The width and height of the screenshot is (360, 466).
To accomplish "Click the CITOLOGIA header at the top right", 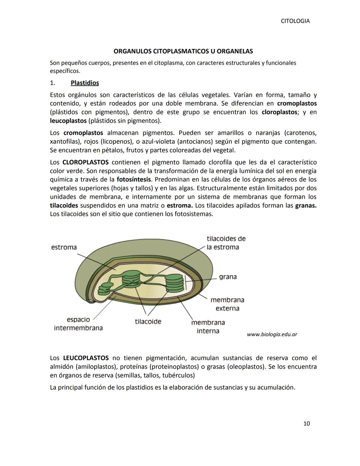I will [295, 21].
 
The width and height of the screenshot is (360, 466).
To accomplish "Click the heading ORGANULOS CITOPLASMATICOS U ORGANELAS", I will [183, 51].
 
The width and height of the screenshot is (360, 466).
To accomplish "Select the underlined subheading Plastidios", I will [85, 83].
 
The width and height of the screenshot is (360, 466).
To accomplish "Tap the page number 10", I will [306, 424].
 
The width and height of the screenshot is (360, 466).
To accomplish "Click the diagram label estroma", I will [64, 247].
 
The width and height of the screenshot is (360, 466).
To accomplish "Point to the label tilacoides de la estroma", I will [226, 243].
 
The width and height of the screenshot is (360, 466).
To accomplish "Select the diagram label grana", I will [228, 277].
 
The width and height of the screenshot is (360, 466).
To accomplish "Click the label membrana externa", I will [227, 304].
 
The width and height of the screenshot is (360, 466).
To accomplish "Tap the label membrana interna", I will [208, 327].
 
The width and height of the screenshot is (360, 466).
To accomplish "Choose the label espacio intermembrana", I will [78, 324].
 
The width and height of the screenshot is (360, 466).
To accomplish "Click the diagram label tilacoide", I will [148, 322].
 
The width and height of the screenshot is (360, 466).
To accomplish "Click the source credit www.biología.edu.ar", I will [272, 334].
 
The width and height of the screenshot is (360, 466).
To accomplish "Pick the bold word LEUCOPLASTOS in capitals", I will [86, 358].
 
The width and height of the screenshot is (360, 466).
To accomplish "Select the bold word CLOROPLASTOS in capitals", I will [85, 162].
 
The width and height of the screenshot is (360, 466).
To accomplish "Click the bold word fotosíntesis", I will [134, 179].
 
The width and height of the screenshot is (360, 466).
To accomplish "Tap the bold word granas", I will [306, 205].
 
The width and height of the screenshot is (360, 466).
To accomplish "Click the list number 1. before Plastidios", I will [53, 83].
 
